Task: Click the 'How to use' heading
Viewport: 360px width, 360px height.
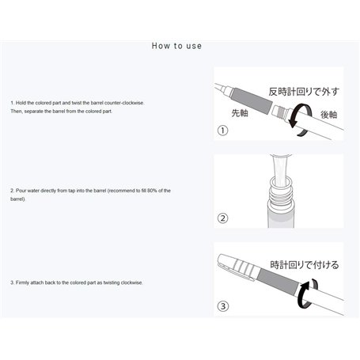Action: coord(176,45)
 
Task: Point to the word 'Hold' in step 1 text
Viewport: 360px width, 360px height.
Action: coord(21,104)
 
